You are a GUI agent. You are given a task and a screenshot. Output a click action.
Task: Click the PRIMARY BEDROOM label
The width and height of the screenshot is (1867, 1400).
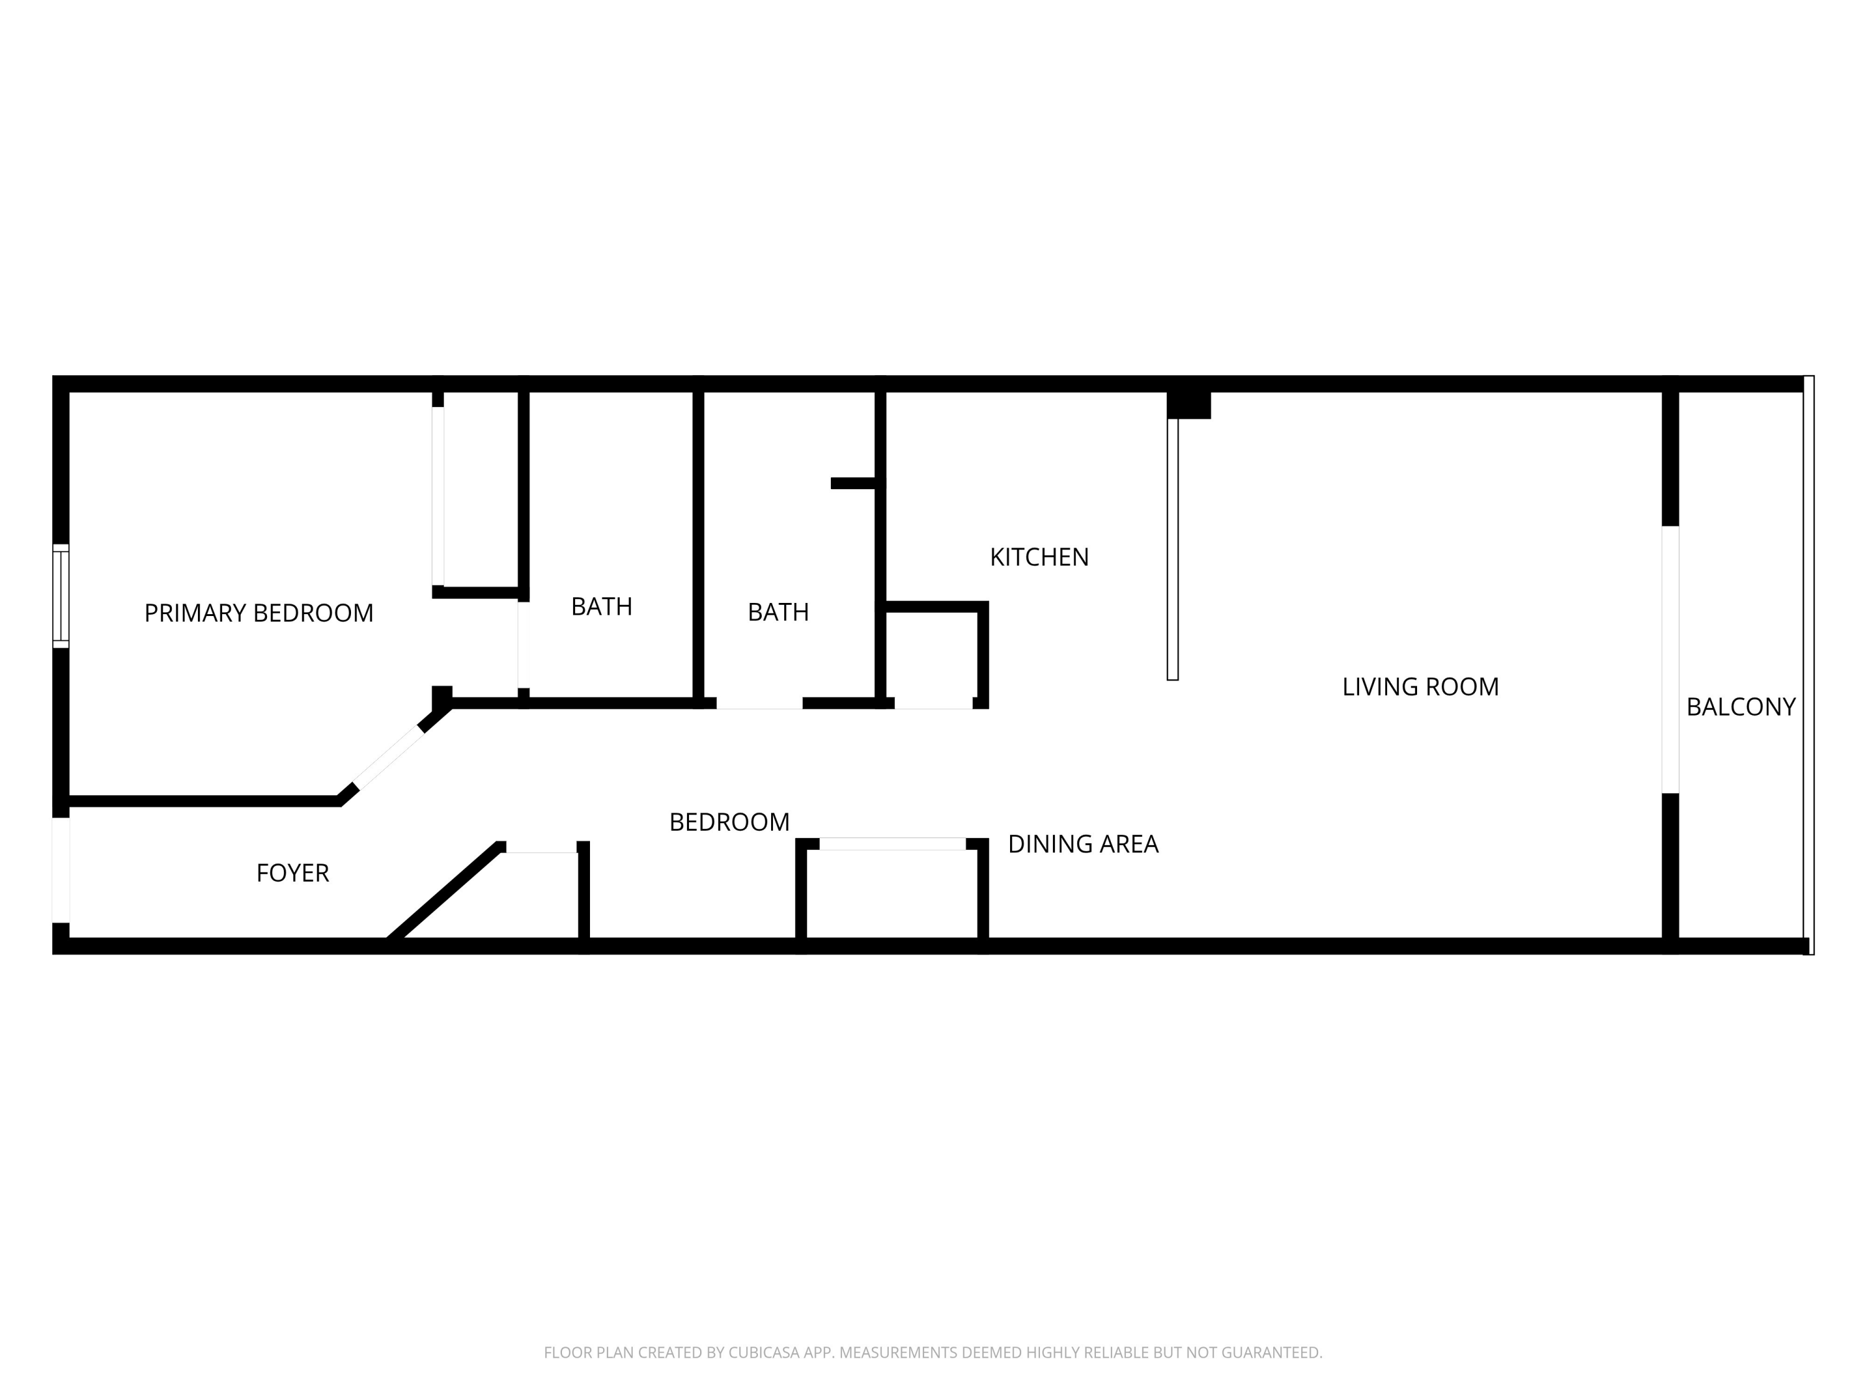coord(258,613)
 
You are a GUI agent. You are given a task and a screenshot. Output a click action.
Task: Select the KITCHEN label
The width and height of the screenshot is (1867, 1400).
coord(1039,557)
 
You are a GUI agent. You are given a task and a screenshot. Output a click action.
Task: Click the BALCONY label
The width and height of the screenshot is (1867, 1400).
coord(1741,707)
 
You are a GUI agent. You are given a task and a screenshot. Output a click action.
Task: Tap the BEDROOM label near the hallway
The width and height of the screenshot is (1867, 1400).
coord(729,822)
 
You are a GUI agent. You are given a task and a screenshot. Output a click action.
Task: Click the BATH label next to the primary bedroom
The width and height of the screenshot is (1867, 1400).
coord(601,607)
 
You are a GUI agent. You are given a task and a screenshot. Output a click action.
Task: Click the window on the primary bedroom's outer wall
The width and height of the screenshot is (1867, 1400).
coord(61,596)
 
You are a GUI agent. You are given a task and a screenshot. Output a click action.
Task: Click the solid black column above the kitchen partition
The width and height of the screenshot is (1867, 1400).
coord(1189,404)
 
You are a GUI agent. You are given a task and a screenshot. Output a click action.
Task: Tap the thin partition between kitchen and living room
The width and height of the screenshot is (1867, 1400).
coord(1172,549)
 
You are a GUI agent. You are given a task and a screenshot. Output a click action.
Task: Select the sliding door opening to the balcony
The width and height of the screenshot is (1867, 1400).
coord(1670,659)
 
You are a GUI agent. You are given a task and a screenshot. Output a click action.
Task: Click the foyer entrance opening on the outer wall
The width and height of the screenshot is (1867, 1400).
coord(61,870)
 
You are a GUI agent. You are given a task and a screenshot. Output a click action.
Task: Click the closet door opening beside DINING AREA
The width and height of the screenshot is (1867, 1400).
coord(892,844)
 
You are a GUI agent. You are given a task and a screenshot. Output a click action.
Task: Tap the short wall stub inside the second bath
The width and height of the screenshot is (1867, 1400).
coord(854,483)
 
